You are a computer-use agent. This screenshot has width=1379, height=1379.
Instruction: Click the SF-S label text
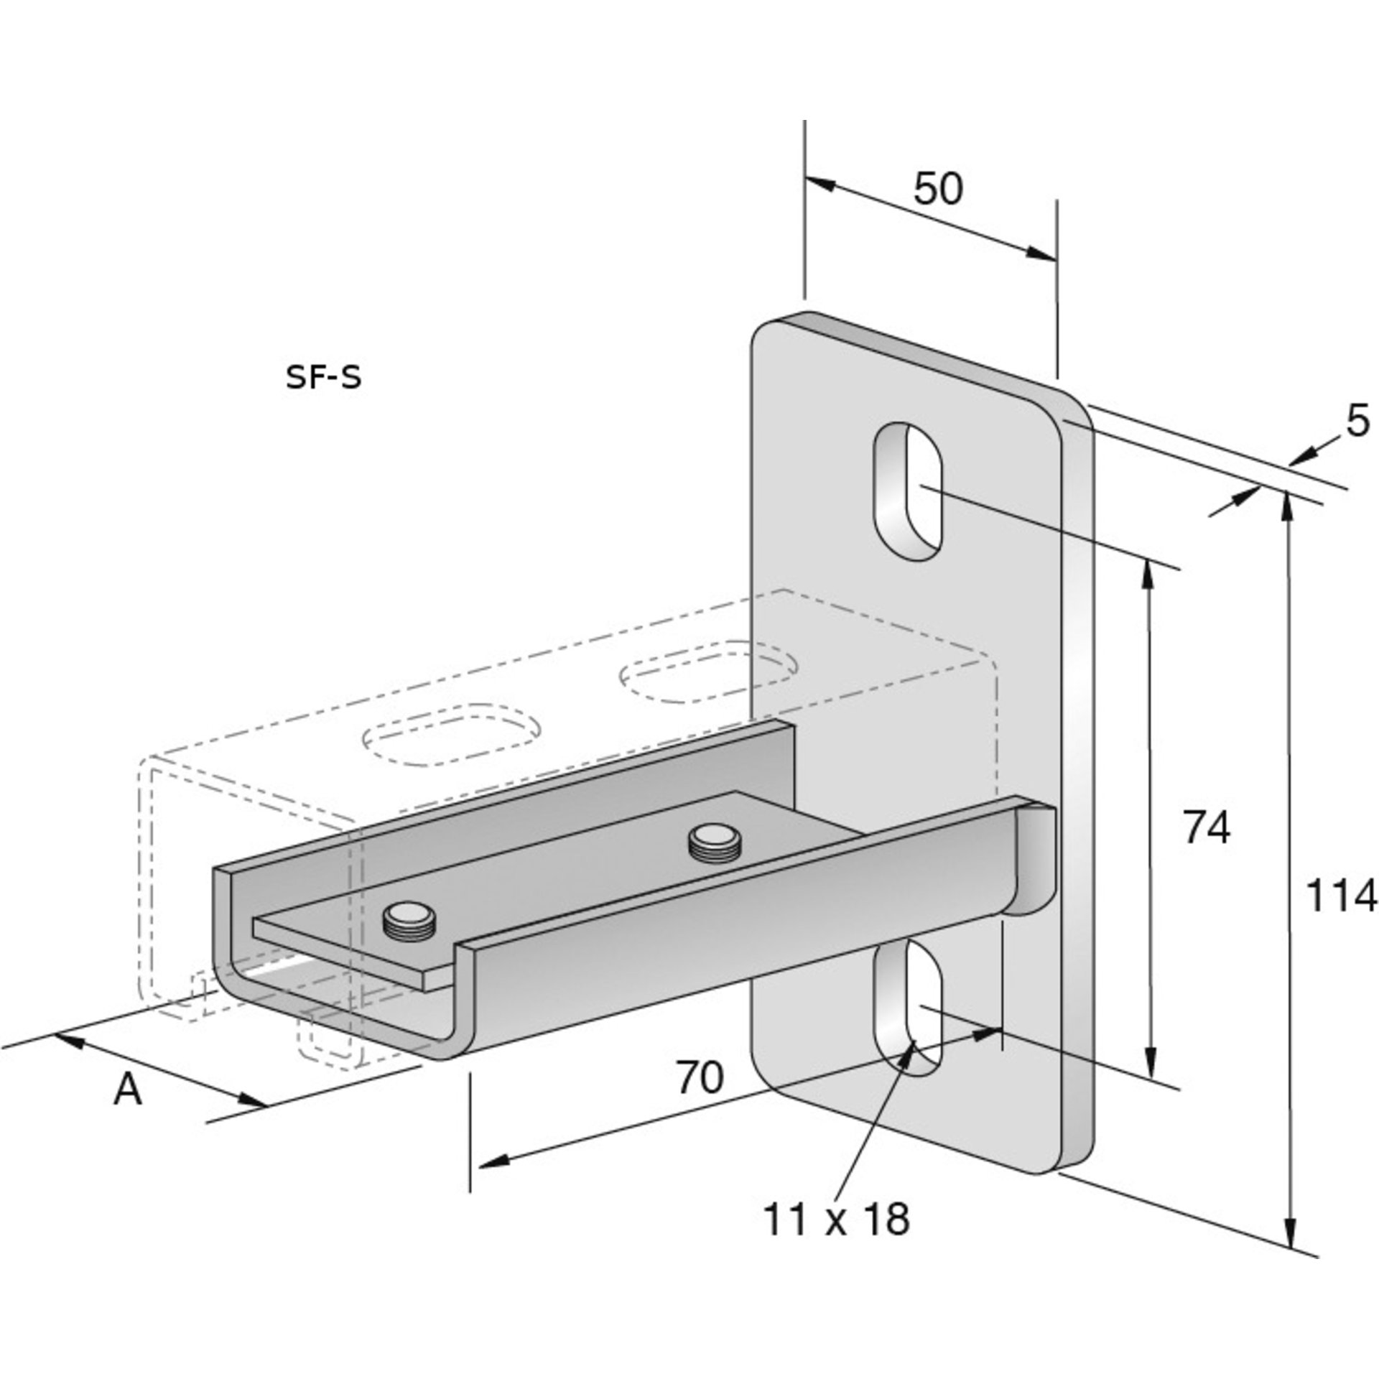[x=323, y=379]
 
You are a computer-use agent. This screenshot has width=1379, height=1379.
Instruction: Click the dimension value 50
[x=938, y=190]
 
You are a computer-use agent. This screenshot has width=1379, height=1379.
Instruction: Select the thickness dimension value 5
[x=1357, y=422]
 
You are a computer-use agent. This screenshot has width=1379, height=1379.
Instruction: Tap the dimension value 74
[x=1207, y=829]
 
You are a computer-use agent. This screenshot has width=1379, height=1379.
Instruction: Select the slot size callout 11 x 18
[x=836, y=1219]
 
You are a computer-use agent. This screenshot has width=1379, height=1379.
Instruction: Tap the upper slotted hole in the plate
[x=908, y=495]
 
